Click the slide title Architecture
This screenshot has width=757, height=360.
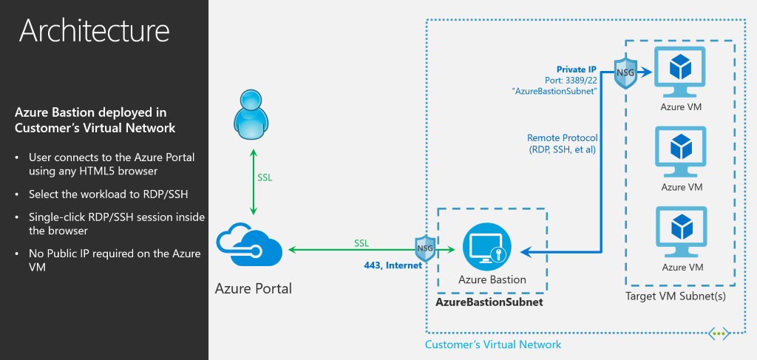coord(94,30)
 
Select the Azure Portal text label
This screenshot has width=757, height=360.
coord(254,288)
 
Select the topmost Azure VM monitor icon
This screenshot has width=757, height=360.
coord(680,73)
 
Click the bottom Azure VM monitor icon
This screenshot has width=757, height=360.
coord(680,232)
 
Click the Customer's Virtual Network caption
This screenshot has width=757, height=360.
coord(492,344)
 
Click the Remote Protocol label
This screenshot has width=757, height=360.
coord(562,138)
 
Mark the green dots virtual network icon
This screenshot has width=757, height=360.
coord(719,333)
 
